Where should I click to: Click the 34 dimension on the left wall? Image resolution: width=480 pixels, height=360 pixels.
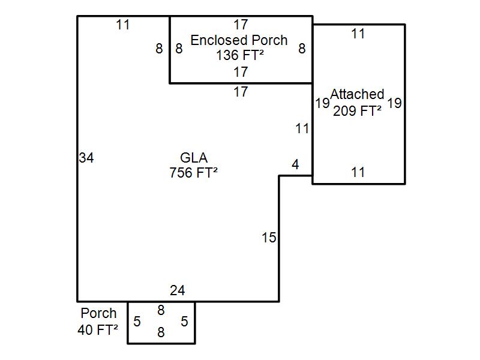pos(86,158)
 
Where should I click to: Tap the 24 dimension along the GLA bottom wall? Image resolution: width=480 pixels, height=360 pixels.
pos(177,291)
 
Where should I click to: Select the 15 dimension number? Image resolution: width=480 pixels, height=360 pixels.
pos(269,238)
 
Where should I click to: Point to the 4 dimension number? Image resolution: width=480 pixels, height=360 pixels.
pos(295,165)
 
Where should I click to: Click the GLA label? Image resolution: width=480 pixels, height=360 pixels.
pos(194,158)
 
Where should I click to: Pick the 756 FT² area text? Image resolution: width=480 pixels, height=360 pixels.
pos(193,173)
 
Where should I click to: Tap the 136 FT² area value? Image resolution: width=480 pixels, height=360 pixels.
pos(241,56)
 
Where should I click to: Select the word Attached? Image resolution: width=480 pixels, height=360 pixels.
pos(358,94)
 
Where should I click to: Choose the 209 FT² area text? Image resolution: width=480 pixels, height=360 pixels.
pos(358,110)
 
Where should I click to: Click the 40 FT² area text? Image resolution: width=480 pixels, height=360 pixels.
pos(98,329)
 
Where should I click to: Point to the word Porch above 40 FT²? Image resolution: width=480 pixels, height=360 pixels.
pos(98,313)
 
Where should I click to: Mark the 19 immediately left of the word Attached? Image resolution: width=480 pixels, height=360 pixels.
pos(322,103)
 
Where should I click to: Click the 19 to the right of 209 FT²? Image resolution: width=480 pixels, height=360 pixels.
pos(394,103)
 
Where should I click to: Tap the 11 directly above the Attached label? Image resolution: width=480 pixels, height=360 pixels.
pos(358,34)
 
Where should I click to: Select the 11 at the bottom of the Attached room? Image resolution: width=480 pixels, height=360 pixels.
pos(358,173)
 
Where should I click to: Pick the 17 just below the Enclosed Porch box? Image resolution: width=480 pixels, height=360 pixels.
pos(241,92)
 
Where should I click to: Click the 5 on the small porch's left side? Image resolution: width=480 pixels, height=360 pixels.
pos(137,322)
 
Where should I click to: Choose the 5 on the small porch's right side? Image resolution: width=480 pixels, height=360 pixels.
pos(184,322)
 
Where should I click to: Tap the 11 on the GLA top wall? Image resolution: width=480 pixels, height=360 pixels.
pos(123,25)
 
